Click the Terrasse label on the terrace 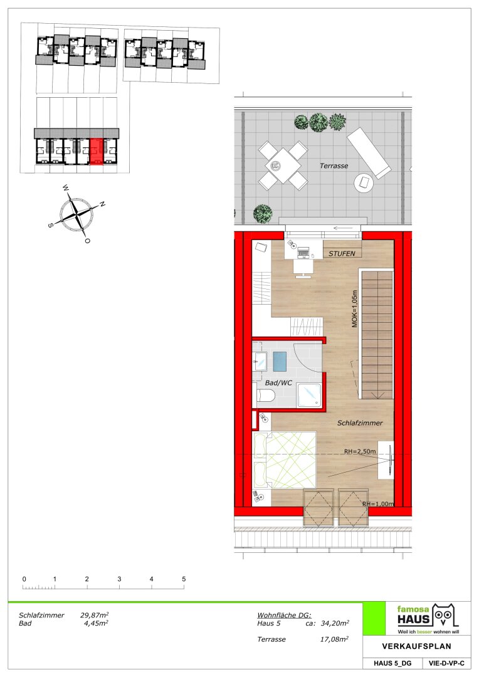(334, 165)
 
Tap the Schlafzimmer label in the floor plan (360, 423)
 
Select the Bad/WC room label (278, 383)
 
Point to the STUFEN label (342, 253)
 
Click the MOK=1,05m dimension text (355, 308)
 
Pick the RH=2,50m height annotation (360, 451)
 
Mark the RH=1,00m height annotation (378, 504)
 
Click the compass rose (76, 213)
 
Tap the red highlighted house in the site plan (97, 152)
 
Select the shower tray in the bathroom (309, 395)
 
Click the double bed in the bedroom (285, 460)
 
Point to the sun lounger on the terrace (369, 153)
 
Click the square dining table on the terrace (283, 165)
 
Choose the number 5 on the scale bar (184, 579)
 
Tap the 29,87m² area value (94, 616)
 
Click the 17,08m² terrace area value (334, 639)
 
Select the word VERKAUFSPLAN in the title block (416, 646)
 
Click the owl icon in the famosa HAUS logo (445, 616)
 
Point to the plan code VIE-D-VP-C (446, 664)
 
